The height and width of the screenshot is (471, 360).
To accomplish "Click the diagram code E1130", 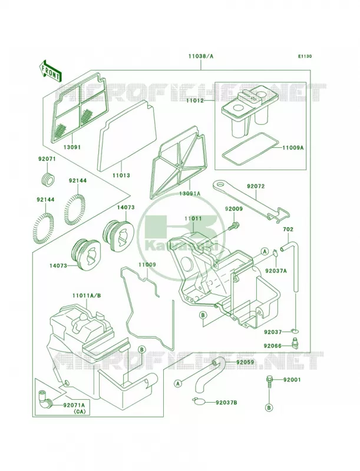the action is (305, 56).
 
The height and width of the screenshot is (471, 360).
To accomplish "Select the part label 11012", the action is (194, 101).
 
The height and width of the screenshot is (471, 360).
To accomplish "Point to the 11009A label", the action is (293, 148).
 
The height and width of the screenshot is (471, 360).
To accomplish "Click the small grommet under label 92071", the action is (48, 179).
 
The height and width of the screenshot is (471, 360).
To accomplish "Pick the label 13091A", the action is (190, 194).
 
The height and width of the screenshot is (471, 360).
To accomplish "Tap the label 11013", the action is (121, 175).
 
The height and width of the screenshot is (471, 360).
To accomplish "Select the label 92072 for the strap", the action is (256, 186).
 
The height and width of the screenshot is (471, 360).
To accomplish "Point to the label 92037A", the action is (276, 271).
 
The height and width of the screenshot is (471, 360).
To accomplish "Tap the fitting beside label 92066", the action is (295, 343).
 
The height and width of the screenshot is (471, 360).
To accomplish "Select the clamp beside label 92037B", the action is (199, 401).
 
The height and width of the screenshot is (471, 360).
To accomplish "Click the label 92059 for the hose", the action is (245, 362).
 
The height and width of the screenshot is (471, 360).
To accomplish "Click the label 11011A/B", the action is (87, 296).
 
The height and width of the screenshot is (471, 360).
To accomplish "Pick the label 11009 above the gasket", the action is (147, 264).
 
